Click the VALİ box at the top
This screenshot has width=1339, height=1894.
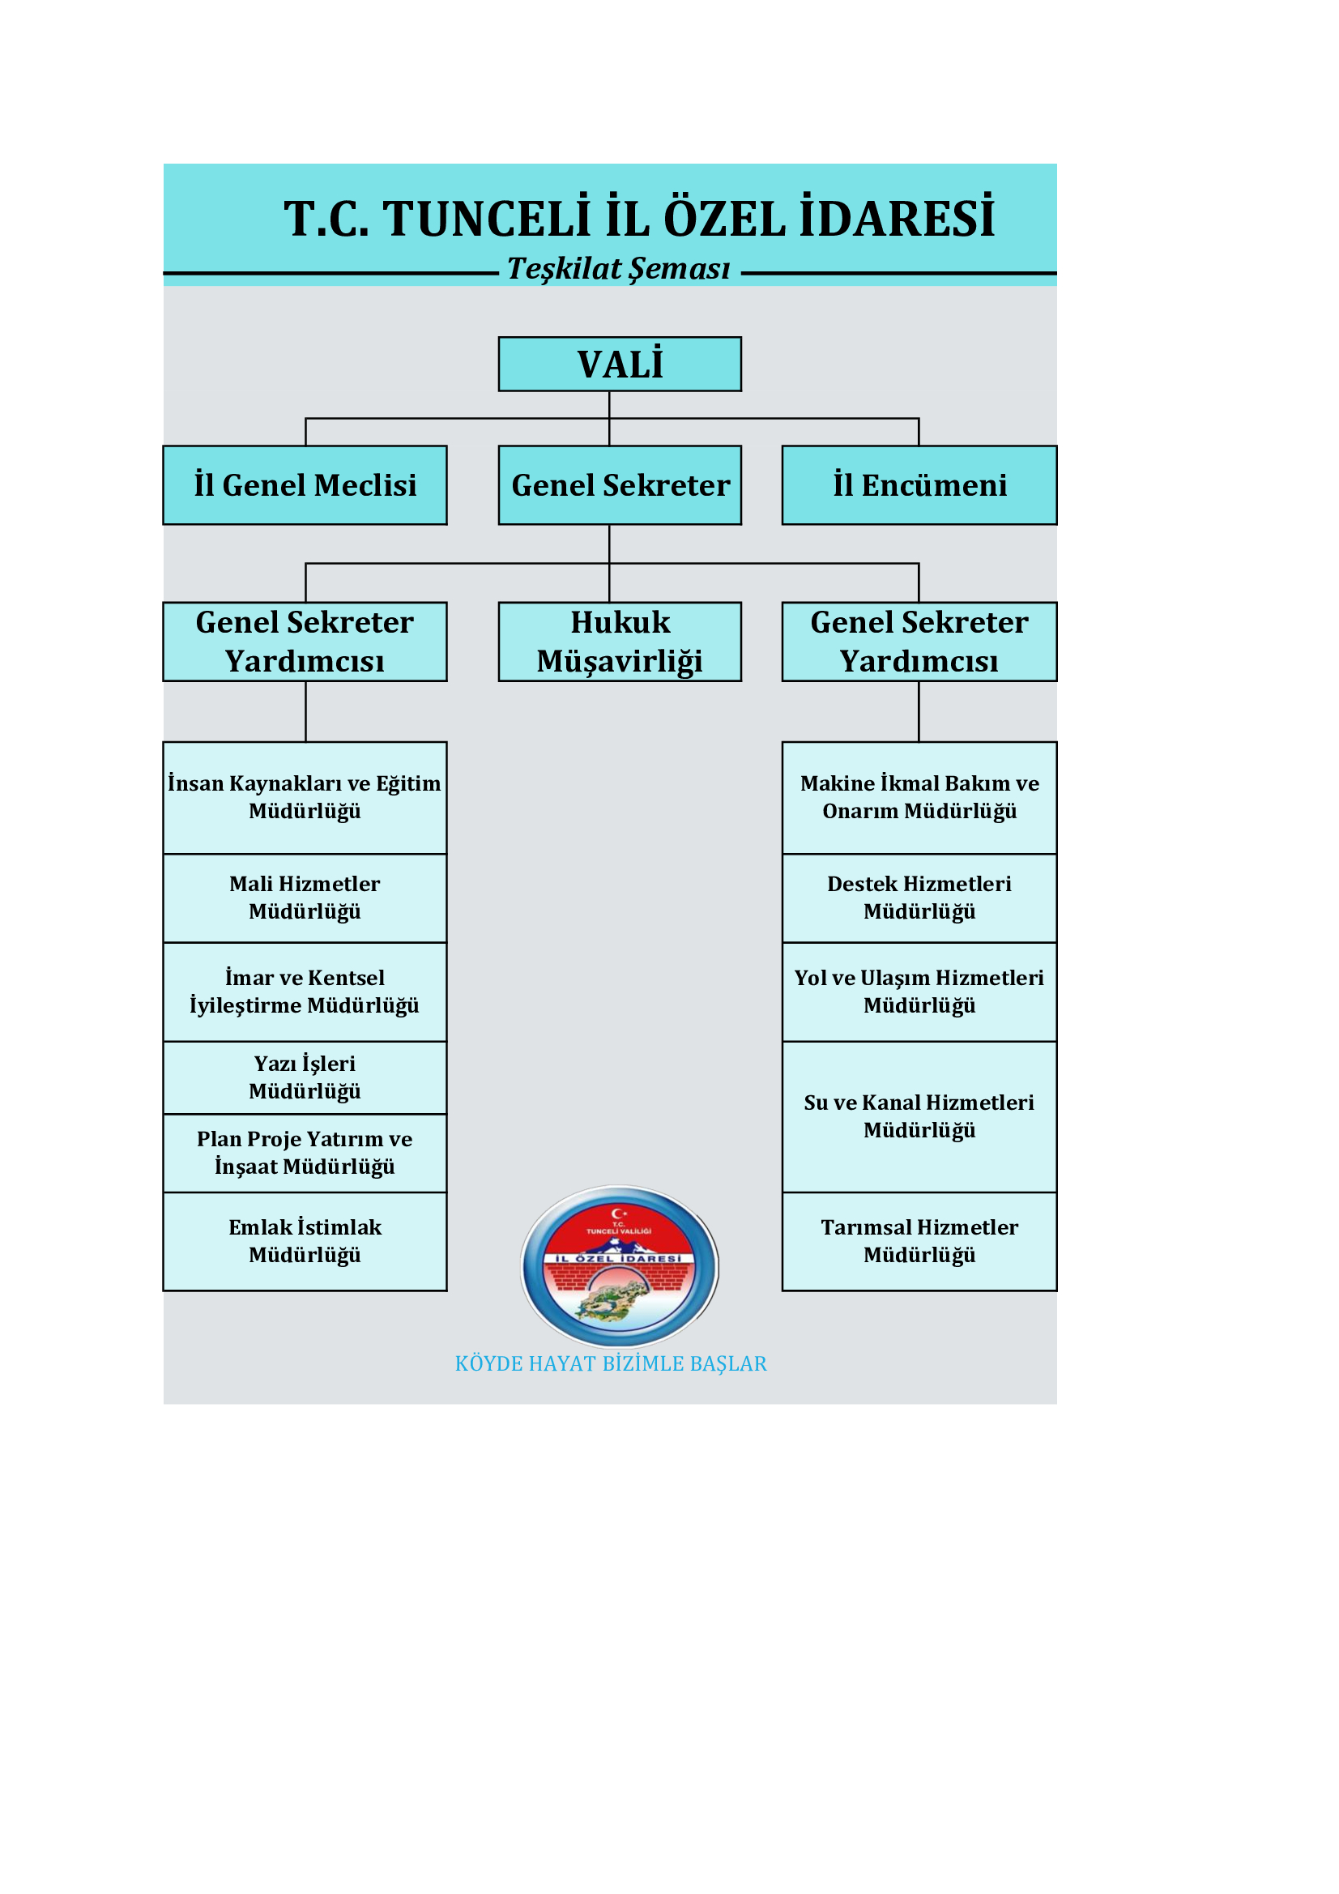(x=620, y=364)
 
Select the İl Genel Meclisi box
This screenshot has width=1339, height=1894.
(x=305, y=485)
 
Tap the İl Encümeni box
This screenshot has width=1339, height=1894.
(x=919, y=485)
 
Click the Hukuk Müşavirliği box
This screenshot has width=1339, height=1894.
(x=620, y=642)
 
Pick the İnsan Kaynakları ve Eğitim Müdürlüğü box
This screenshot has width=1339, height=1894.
(x=305, y=798)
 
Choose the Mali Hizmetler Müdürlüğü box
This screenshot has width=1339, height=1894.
(x=305, y=898)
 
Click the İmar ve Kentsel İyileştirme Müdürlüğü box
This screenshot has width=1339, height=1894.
(x=305, y=992)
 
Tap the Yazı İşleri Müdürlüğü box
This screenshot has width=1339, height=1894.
(x=305, y=1078)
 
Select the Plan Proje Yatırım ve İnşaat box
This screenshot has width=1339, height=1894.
(x=305, y=1154)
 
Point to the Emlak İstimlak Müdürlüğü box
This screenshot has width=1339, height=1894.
(x=305, y=1242)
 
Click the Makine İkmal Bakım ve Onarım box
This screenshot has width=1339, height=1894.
(x=919, y=798)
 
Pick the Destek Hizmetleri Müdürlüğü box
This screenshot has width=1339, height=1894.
(x=919, y=898)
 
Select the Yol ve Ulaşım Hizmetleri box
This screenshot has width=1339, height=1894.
(x=919, y=992)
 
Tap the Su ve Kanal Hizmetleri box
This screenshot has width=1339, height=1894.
(x=919, y=1117)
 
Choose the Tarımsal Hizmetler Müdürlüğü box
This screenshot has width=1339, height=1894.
(x=919, y=1242)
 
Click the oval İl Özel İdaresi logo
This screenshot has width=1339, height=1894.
(x=620, y=1266)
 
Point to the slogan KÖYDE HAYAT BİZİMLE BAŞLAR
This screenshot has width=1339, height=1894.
(x=612, y=1363)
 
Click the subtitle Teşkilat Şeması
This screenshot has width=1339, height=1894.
(x=619, y=269)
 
